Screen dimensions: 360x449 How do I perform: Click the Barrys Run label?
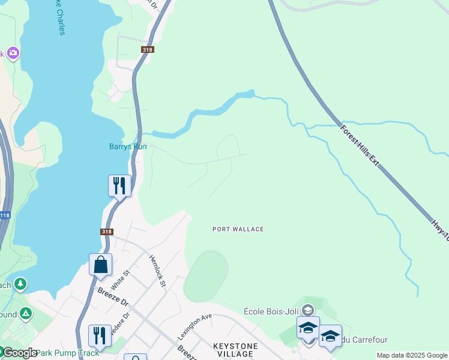(x=128, y=146)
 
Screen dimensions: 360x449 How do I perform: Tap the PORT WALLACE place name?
(x=238, y=229)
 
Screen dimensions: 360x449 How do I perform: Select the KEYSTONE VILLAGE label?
(x=235, y=350)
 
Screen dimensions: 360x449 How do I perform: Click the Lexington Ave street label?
(x=194, y=326)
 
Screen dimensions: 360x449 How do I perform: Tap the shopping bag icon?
(x=100, y=265)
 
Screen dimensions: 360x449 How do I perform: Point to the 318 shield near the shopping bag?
(x=106, y=232)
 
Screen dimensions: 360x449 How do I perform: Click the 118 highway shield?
(x=5, y=215)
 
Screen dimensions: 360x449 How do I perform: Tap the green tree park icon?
(x=20, y=283)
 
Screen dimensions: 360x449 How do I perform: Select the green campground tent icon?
(x=26, y=313)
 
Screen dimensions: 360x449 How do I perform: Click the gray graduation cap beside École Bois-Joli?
(x=308, y=310)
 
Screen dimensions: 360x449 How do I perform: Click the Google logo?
(x=19, y=353)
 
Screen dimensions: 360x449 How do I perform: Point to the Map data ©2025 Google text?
(x=412, y=355)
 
